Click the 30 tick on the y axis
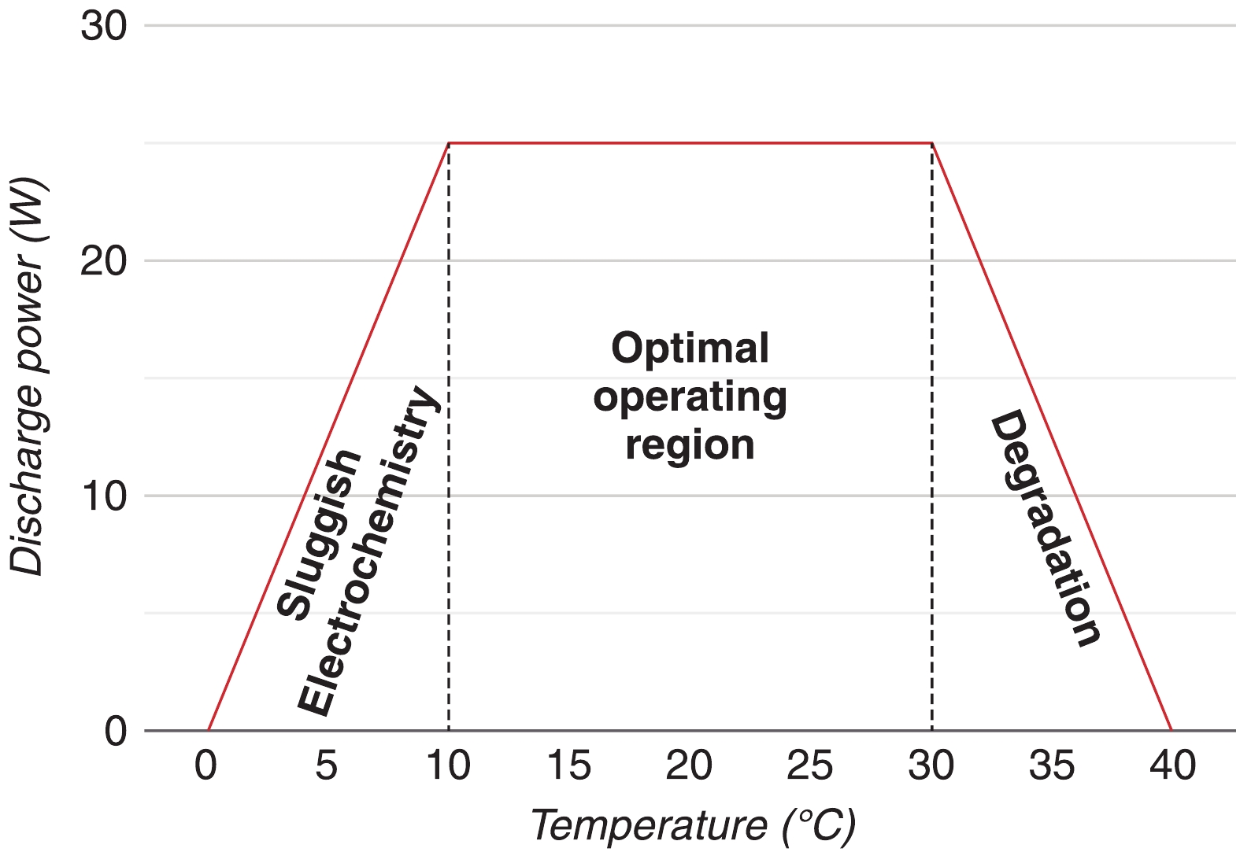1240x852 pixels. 103,26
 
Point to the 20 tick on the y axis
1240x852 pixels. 103,261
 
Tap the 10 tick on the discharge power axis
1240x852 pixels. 103,496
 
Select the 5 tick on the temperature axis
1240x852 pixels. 327,765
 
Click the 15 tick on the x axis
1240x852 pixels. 568,765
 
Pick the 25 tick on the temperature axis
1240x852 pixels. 810,765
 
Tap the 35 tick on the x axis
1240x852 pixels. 1052,765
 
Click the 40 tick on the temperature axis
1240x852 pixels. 1172,765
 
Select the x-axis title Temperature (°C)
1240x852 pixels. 693,826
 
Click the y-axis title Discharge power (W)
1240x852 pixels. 28,378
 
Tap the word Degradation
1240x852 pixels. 1044,527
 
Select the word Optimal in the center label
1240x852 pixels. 690,348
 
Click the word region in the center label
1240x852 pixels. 690,445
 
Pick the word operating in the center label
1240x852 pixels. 690,397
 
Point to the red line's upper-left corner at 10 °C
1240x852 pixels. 449,143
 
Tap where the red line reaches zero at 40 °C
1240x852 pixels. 1172,730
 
